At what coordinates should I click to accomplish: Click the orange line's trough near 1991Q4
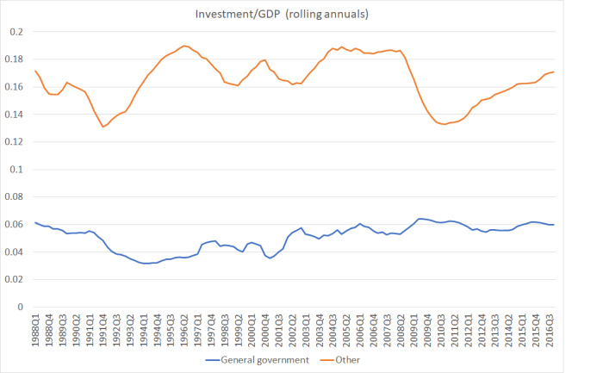(103, 127)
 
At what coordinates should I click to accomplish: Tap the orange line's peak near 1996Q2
(185, 46)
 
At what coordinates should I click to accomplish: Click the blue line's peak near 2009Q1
(420, 219)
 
